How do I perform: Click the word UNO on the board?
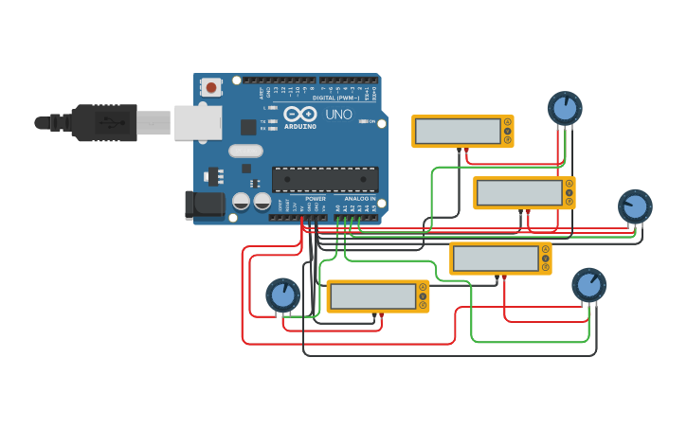tap(339, 115)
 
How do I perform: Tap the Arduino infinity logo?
tap(299, 114)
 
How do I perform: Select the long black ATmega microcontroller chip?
tap(325, 179)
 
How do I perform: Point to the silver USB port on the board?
tap(198, 122)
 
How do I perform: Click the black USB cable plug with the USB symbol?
tap(104, 122)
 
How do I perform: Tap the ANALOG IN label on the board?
tap(359, 199)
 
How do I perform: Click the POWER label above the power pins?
tap(316, 199)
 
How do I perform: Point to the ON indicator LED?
tap(361, 121)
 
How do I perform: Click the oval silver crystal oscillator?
tap(245, 151)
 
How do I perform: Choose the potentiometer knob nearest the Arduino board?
tap(282, 295)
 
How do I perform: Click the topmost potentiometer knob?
tap(565, 109)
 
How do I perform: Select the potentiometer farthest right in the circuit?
tap(635, 206)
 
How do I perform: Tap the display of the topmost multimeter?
tap(458, 131)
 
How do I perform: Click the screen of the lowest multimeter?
tap(372, 296)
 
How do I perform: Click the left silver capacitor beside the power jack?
tap(242, 201)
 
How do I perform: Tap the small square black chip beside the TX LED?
tap(248, 127)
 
